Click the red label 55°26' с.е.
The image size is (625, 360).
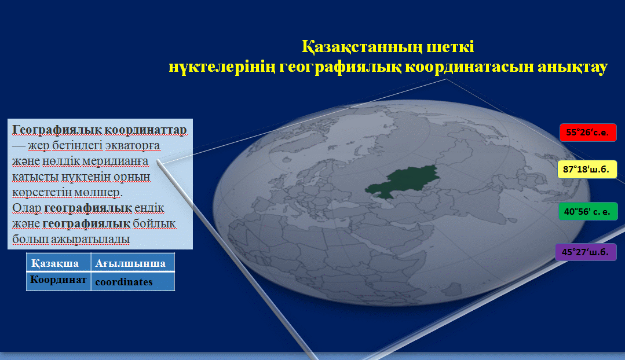[588, 133]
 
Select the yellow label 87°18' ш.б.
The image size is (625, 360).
[587, 169]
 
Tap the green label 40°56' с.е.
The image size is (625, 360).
[588, 211]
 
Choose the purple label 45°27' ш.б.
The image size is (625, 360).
[586, 252]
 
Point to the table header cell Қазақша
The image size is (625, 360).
[59, 263]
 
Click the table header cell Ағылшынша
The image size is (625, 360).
[133, 263]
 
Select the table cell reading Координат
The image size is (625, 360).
[59, 281]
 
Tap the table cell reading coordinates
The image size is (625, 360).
[133, 281]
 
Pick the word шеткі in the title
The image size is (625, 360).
[451, 47]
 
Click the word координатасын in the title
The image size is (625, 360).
[470, 67]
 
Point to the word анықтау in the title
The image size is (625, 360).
[573, 67]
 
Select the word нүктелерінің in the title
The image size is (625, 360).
[222, 67]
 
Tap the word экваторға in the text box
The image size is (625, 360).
[133, 146]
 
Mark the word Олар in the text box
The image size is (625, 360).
[27, 208]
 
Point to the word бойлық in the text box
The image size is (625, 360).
[154, 224]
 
